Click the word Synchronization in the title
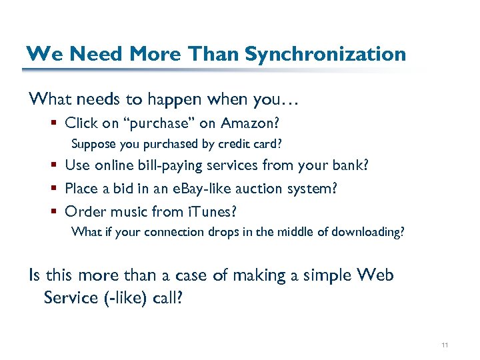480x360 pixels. click(x=325, y=54)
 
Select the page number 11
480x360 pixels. click(x=445, y=345)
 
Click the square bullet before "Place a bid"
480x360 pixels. click(x=53, y=189)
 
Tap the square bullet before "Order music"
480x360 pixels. click(x=53, y=212)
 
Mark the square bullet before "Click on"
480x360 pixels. click(x=53, y=123)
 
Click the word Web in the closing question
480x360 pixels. click(x=375, y=275)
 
